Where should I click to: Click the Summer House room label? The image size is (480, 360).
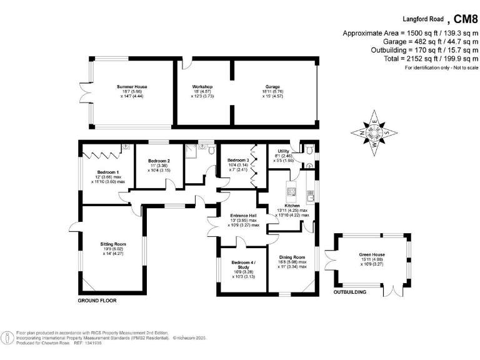click(132, 87)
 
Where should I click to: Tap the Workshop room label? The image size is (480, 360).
click(203, 87)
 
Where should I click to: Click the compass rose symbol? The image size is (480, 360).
click(374, 132)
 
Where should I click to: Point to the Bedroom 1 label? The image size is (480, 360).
click(108, 172)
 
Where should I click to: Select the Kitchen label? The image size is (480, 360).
click(292, 206)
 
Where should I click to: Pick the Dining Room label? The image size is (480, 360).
click(292, 257)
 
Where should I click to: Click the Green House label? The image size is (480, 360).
click(371, 254)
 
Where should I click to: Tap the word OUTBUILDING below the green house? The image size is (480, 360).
click(349, 292)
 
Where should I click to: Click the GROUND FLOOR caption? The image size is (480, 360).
click(97, 301)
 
